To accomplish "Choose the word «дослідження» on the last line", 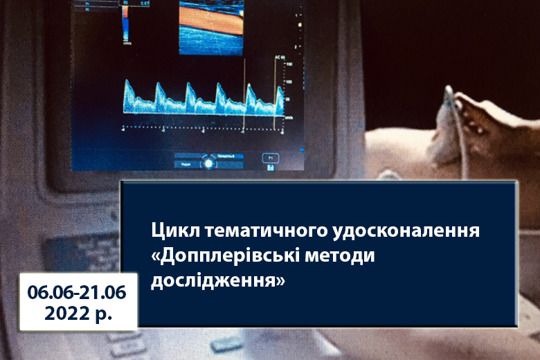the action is click(x=218, y=280).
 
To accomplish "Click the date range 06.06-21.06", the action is click(x=77, y=292).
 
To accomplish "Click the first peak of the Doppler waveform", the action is click(x=127, y=82).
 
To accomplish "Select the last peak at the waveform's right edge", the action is click(x=280, y=90).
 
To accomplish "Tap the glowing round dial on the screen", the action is click(x=208, y=163).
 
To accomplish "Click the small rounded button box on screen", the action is click(x=271, y=158).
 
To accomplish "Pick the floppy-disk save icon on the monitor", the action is click(x=271, y=168).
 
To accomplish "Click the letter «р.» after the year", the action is click(x=103, y=314).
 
